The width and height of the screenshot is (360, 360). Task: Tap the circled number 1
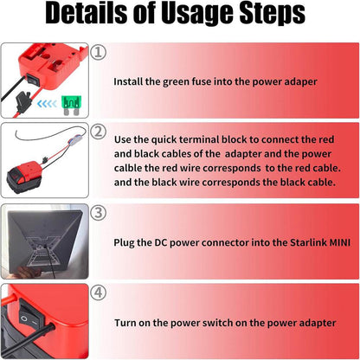coord(99,52)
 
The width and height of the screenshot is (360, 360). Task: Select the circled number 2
coord(99,132)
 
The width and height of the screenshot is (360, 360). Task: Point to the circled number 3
coord(99,213)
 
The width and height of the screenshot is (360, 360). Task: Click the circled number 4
coord(99,292)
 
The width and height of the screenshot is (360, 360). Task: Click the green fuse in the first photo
coord(72,105)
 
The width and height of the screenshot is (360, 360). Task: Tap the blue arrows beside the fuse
coord(48,104)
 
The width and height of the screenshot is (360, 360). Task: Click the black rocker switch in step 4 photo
coord(30,315)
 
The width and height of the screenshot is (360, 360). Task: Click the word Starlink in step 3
coord(308,242)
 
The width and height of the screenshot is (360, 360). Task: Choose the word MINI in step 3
coord(340,242)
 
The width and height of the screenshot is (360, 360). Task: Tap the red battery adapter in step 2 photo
coord(24,177)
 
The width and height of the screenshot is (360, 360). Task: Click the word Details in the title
coord(87,13)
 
